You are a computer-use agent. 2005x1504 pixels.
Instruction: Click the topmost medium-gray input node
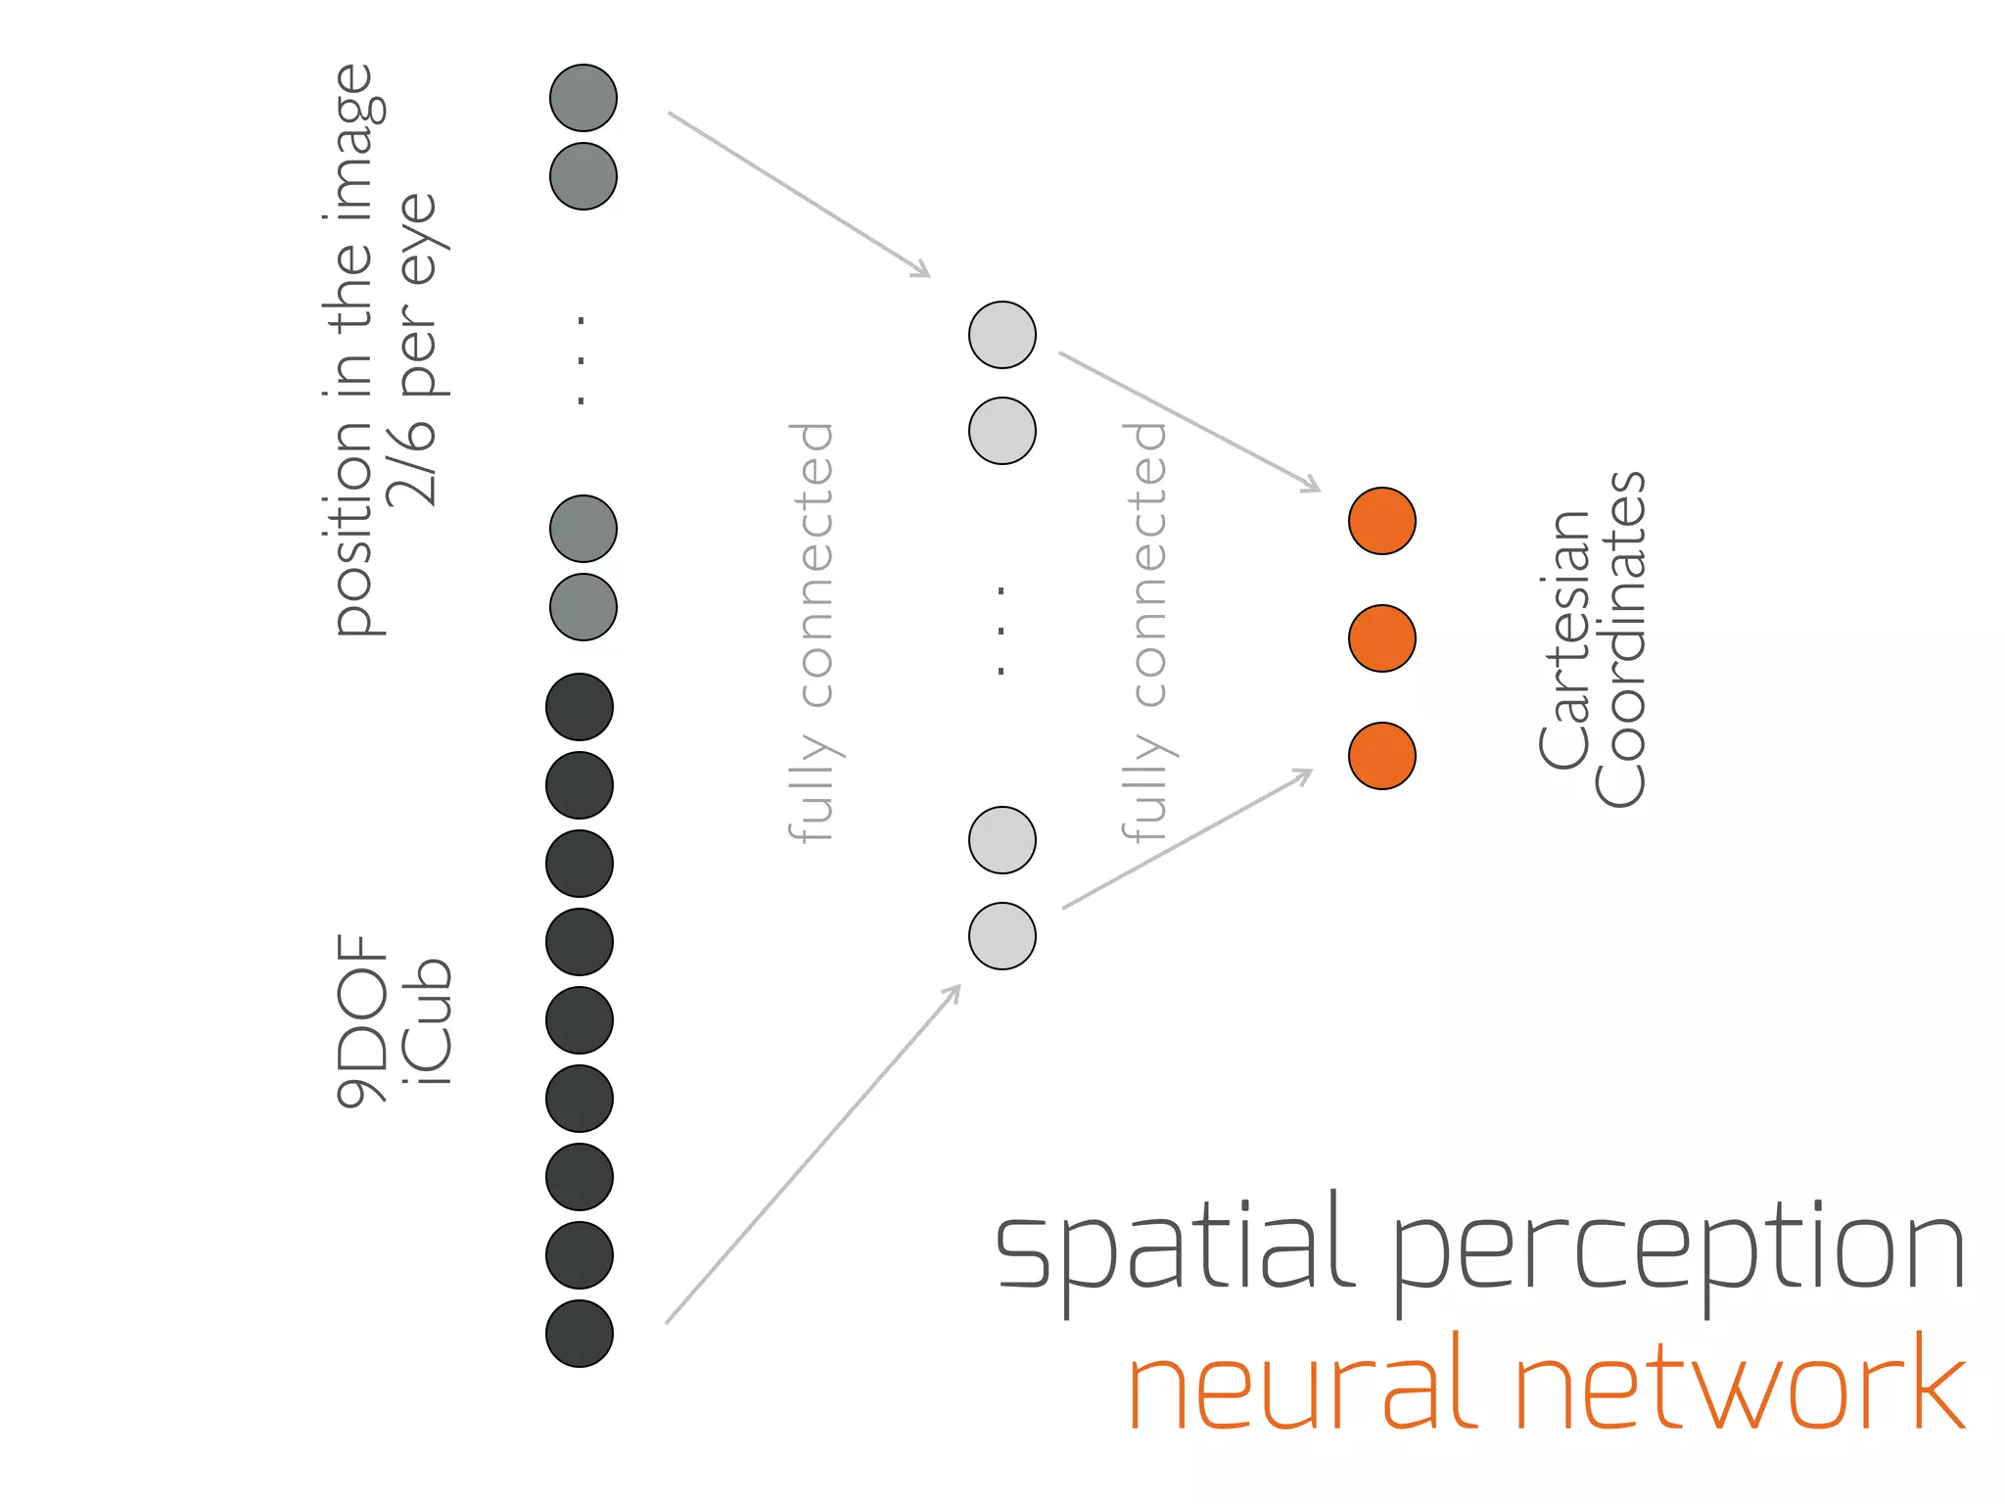[x=583, y=98]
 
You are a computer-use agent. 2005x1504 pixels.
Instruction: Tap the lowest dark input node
[x=580, y=1334]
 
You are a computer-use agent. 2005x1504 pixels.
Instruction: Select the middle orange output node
[x=1381, y=638]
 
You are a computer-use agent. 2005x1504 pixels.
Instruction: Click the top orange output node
[x=1381, y=521]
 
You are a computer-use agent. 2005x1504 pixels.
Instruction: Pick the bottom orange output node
[x=1381, y=756]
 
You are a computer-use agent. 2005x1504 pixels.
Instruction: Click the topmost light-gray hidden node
[x=1002, y=335]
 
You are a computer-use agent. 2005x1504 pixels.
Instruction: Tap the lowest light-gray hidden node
[x=1002, y=936]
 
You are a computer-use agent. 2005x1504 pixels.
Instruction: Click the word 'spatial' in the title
[x=1175, y=1248]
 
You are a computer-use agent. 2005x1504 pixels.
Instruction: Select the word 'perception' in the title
[x=1678, y=1253]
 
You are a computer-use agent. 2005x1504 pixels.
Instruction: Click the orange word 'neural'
[x=1302, y=1386]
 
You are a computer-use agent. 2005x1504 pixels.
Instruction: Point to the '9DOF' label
[x=360, y=1020]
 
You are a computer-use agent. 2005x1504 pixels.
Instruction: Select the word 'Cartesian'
[x=1564, y=638]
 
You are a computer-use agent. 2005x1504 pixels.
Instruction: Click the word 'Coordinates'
[x=1621, y=638]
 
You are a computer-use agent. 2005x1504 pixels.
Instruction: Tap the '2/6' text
[x=411, y=460]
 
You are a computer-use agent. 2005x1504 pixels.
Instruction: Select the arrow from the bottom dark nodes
[x=813, y=1155]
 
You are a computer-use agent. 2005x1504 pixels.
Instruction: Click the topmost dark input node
[x=580, y=707]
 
